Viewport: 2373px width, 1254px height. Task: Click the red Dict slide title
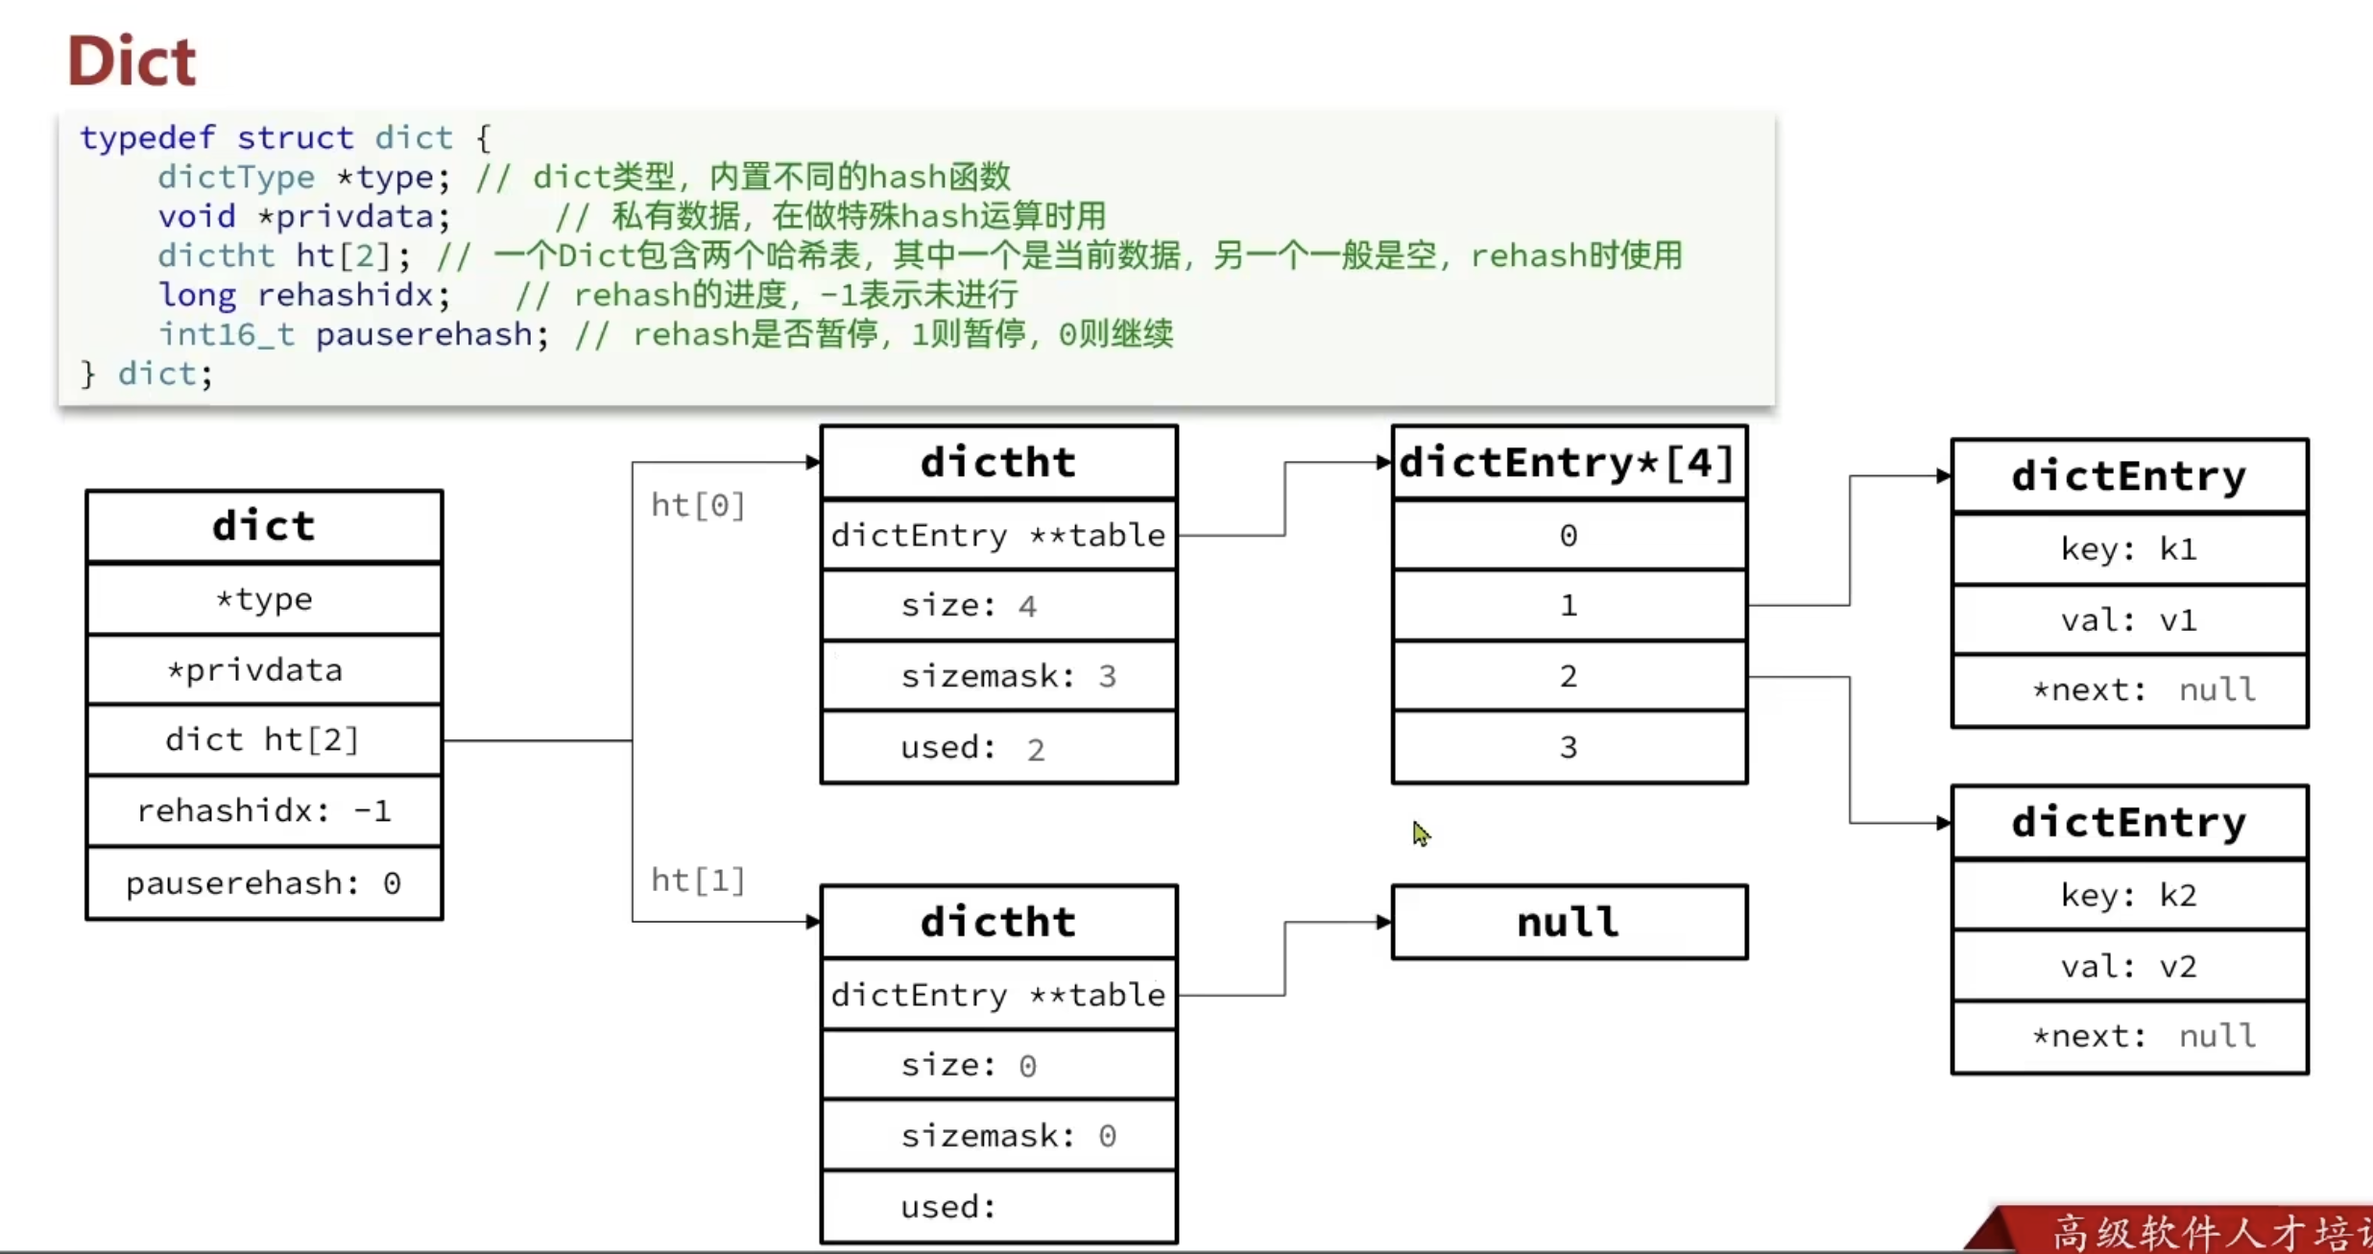coord(132,60)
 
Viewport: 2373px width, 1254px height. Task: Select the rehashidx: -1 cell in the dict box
coord(264,811)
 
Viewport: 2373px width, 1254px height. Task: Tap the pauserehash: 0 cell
coord(264,883)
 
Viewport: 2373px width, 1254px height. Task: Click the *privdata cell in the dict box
coord(264,669)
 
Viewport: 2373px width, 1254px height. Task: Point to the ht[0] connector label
coord(698,505)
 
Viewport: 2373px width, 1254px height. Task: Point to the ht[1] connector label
coord(698,880)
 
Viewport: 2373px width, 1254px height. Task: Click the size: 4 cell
coord(998,606)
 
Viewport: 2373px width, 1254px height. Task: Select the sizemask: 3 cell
coord(998,676)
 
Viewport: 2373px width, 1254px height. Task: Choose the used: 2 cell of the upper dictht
coord(998,747)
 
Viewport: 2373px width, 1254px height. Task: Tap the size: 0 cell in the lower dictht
coord(998,1065)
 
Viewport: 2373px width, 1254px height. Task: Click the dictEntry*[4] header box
coord(1568,463)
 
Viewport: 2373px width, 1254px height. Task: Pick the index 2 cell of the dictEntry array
coord(1568,676)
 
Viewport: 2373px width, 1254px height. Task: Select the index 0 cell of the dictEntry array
coord(1568,535)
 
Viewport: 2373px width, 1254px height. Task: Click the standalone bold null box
coord(1568,922)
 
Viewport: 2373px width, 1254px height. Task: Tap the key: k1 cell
coord(2129,549)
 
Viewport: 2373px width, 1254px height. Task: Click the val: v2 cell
coord(2129,966)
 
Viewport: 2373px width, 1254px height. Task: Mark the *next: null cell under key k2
coord(2129,1036)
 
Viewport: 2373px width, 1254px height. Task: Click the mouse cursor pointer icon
coord(1421,833)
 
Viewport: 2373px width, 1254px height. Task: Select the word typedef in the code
coord(147,137)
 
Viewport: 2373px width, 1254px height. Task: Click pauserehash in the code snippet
coord(423,334)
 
